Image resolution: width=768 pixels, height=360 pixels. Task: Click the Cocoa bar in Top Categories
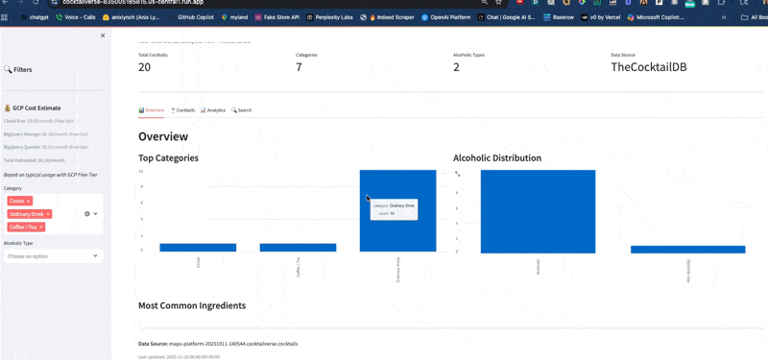pos(198,248)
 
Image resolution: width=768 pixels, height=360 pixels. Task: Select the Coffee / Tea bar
pos(298,248)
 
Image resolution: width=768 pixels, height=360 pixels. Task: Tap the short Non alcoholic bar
pos(687,250)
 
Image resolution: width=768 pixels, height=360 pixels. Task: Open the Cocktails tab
pos(182,110)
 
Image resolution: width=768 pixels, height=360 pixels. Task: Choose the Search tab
pos(242,110)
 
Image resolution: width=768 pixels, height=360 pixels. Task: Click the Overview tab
pos(152,110)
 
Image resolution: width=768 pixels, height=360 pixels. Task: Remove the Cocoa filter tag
pos(29,200)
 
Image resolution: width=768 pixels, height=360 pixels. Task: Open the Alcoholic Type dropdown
pos(53,256)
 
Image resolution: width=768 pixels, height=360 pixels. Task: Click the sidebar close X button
pos(103,36)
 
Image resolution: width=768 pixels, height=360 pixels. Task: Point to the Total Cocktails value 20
pos(145,67)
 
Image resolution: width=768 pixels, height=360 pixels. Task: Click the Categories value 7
pos(299,67)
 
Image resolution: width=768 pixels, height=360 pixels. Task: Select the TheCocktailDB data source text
pos(649,67)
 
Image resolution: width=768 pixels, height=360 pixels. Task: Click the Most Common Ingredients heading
pos(192,305)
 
